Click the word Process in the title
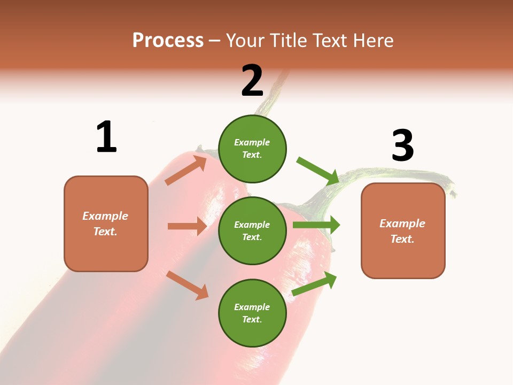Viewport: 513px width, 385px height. pyautogui.click(x=168, y=41)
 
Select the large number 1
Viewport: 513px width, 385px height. pyautogui.click(x=106, y=137)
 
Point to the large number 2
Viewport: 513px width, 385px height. pyautogui.click(x=252, y=81)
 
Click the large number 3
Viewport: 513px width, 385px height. pyautogui.click(x=402, y=146)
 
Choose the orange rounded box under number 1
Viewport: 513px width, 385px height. pyautogui.click(x=106, y=224)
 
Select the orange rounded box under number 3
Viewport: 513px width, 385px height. pyautogui.click(x=403, y=231)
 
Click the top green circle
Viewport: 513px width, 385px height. pyautogui.click(x=252, y=149)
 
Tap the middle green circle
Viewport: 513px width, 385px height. pyautogui.click(x=252, y=231)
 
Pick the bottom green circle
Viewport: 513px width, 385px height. pyautogui.click(x=252, y=313)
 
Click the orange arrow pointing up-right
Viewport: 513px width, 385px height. pyautogui.click(x=186, y=170)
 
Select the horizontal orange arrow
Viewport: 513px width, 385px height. pyautogui.click(x=187, y=226)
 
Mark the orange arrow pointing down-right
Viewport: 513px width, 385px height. pyautogui.click(x=187, y=285)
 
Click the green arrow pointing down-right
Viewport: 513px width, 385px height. pyautogui.click(x=318, y=171)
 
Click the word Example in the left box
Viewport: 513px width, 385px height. pyautogui.click(x=105, y=216)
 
